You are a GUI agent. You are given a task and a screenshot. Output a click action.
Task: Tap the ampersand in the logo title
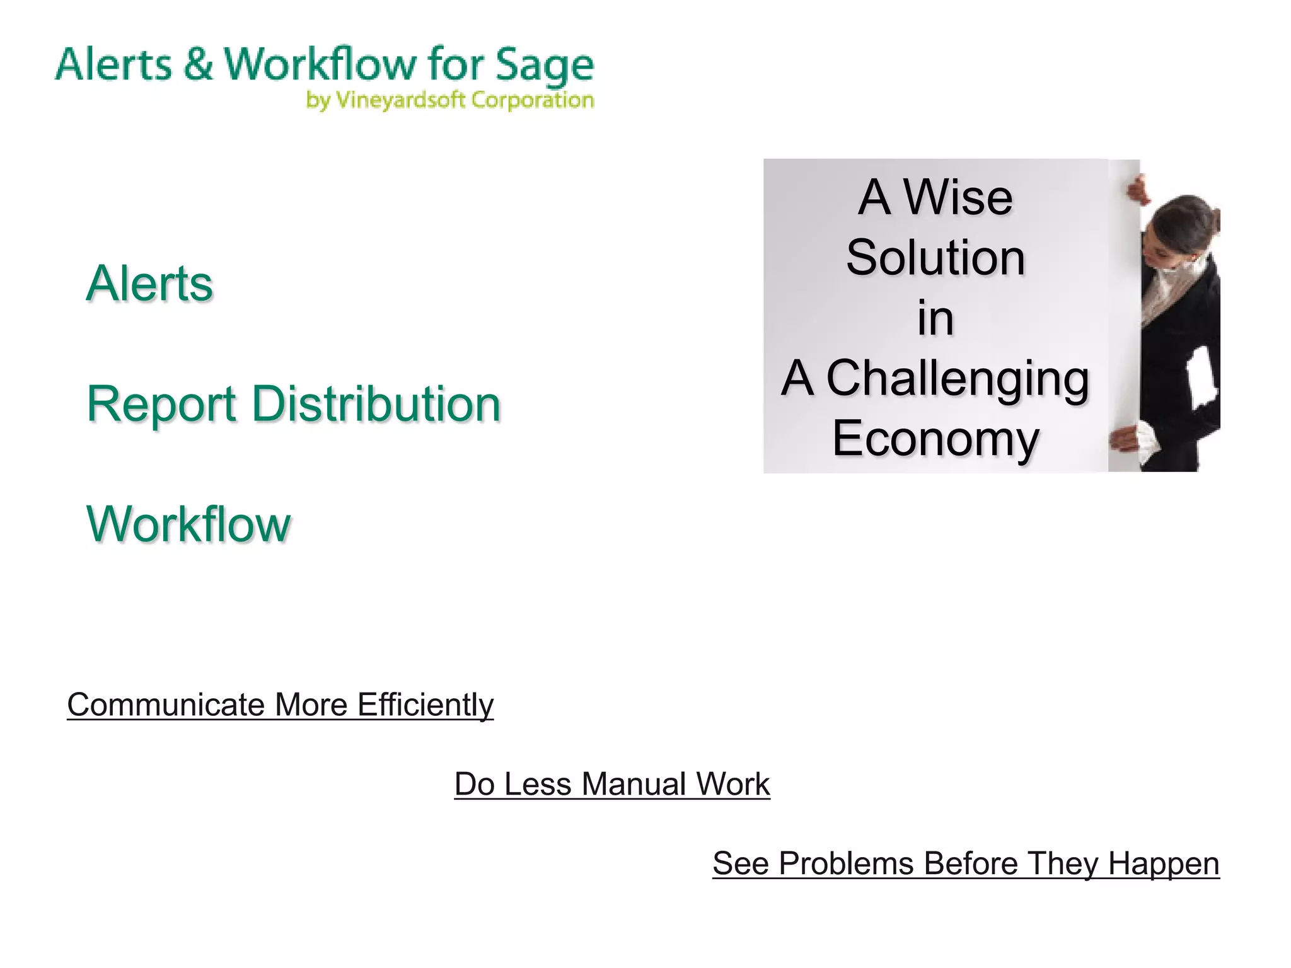point(199,64)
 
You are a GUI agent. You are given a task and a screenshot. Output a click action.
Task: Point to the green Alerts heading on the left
point(150,284)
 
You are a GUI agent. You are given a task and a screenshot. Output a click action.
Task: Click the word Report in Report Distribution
point(161,404)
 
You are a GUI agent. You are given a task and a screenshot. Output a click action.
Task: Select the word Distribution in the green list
point(376,404)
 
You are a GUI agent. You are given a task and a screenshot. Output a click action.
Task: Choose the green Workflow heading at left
point(188,524)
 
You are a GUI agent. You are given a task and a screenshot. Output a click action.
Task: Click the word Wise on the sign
point(958,197)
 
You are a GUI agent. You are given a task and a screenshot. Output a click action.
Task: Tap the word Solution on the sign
point(935,258)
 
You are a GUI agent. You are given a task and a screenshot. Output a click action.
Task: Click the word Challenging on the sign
point(958,378)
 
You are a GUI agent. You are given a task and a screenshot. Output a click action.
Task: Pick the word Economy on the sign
point(935,439)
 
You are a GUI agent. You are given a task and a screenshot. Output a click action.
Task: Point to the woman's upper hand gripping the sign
point(1138,189)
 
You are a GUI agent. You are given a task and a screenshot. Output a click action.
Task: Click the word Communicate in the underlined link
point(166,705)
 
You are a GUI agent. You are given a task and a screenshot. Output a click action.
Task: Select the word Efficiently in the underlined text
point(426,705)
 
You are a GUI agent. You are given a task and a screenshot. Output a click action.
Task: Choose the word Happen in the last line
point(1164,863)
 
